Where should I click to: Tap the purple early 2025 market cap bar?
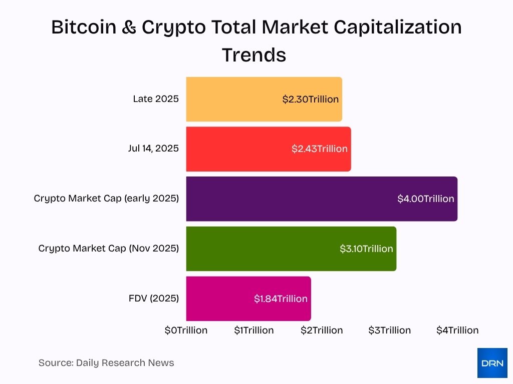291,198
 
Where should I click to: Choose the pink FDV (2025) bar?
220,298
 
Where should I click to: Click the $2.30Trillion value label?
311,99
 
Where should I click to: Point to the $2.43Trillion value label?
320,149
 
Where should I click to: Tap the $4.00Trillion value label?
426,198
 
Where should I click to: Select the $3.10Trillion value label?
366,248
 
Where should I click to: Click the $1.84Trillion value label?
281,298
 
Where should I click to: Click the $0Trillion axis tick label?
186,330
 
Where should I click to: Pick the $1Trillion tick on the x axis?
254,330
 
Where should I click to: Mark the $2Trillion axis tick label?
322,330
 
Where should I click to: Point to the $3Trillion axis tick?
389,330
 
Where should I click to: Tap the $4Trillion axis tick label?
457,330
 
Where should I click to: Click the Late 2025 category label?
156,99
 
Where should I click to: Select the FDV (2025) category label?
154,298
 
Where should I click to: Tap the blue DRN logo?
492,362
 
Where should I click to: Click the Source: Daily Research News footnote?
106,363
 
